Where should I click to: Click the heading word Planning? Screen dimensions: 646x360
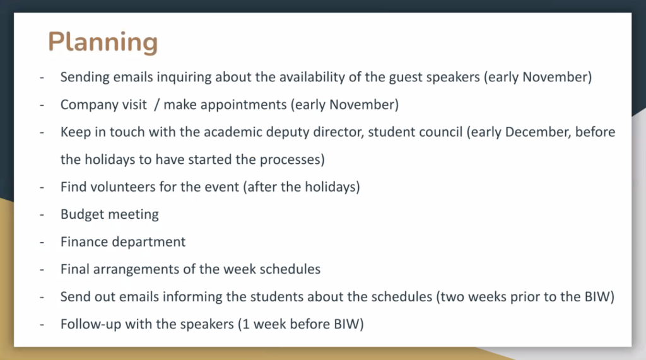click(103, 42)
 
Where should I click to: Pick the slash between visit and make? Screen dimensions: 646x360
click(156, 105)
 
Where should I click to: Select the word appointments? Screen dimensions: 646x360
click(244, 105)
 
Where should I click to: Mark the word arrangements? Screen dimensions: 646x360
click(136, 270)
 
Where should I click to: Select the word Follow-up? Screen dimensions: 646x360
click(91, 325)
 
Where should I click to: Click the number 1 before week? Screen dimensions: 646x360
click(247, 324)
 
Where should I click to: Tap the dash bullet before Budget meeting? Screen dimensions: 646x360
click(42, 215)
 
